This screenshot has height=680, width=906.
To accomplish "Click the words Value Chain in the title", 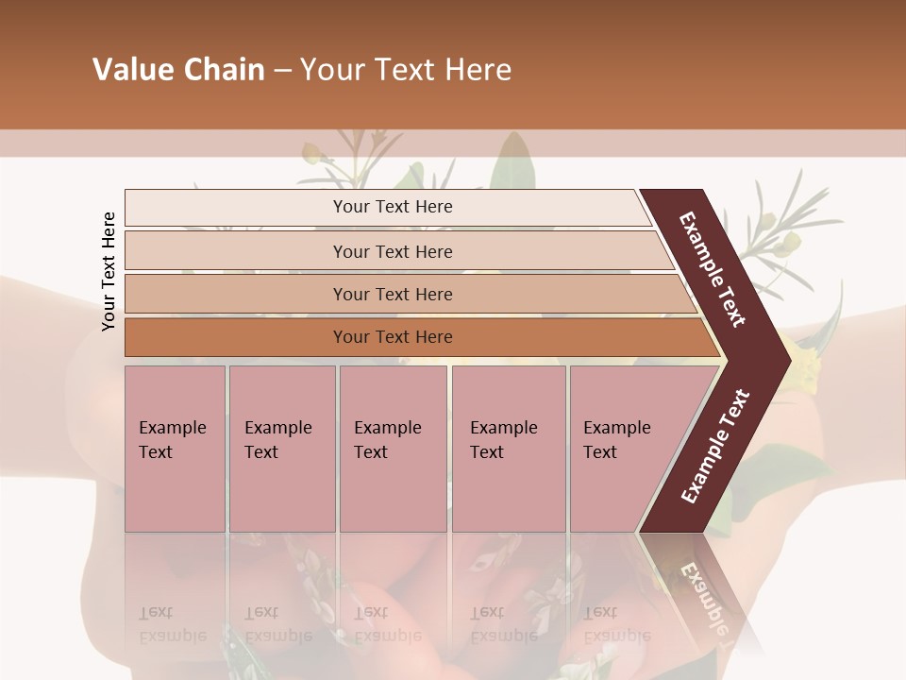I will coord(178,70).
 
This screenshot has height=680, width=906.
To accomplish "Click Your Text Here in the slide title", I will coord(406,70).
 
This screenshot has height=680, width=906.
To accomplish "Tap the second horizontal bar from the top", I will coord(393,251).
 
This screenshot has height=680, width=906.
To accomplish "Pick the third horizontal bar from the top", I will coord(393,294).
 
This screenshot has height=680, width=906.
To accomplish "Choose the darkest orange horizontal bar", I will coord(393,337).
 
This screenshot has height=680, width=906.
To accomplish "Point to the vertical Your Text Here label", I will coord(109,271).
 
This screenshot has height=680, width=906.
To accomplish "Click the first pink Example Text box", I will coord(175,449).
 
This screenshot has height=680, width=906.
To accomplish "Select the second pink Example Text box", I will coord(281,449).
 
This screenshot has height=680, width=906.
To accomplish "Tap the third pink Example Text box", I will coord(393,449).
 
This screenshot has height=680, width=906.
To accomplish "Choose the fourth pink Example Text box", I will coord(508,449).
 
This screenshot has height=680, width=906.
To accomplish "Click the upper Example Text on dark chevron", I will coord(713,269).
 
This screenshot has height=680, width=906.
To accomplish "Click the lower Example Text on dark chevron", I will coord(714,447).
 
